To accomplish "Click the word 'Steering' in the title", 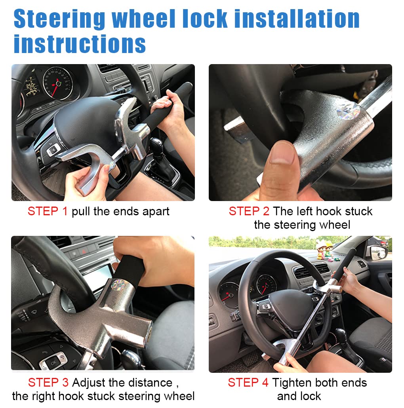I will coord(59,19).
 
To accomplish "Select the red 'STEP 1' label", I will coord(48,211).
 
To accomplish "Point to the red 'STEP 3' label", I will coord(48,383).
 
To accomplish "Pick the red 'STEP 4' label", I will coord(248,383).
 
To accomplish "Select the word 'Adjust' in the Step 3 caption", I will coord(91,383).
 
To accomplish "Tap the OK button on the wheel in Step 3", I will coord(52,362).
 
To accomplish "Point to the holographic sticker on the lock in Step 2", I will coord(348,111).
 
